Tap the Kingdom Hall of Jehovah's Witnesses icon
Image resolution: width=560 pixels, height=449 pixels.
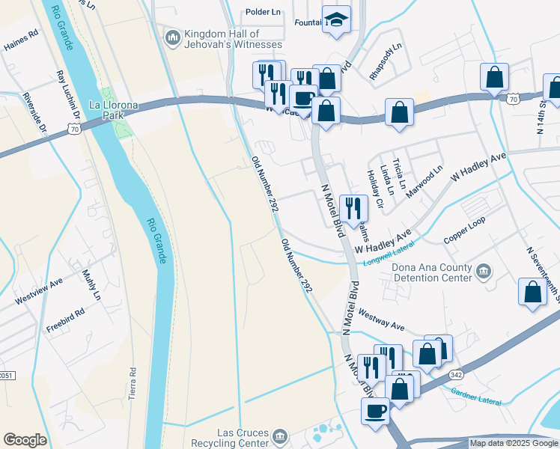coord(173,36)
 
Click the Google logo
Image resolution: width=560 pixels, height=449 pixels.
coord(25,440)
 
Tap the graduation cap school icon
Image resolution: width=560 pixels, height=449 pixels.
coord(336,20)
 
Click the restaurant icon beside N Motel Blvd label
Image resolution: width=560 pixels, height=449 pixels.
coord(353,207)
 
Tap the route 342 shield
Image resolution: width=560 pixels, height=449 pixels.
coord(455,373)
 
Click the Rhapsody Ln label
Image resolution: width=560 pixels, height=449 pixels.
coord(386,61)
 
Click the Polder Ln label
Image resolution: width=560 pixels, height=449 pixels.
coord(265,13)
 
